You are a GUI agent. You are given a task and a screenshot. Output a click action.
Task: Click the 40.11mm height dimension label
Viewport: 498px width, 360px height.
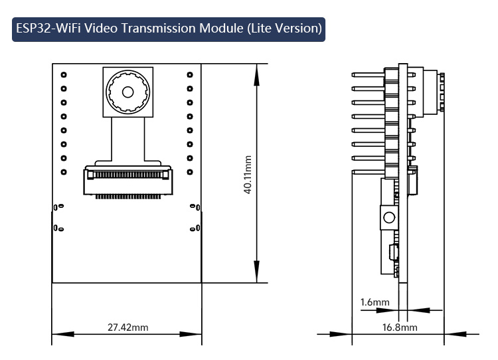click(x=248, y=175)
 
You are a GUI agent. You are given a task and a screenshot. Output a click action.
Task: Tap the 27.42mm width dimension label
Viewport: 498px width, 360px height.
click(x=127, y=327)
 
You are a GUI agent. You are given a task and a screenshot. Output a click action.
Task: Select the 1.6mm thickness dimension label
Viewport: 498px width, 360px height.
click(x=374, y=302)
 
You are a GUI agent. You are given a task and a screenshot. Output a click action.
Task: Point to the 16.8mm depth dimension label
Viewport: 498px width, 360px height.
click(x=400, y=327)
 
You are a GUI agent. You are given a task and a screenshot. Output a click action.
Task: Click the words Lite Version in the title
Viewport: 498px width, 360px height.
click(x=284, y=29)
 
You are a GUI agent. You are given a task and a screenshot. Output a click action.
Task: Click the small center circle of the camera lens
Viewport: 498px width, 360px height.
click(x=127, y=92)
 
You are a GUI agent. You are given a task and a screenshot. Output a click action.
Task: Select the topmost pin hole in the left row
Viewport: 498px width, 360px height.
click(x=64, y=74)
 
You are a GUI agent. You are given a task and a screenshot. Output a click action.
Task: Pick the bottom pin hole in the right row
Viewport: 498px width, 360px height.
click(x=190, y=172)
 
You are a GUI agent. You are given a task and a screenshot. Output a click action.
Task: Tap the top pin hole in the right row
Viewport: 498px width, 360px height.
click(x=190, y=74)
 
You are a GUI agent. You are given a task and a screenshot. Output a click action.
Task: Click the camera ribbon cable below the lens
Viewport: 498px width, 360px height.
click(x=127, y=139)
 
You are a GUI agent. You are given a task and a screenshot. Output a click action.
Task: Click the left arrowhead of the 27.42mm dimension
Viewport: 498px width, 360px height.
click(x=63, y=334)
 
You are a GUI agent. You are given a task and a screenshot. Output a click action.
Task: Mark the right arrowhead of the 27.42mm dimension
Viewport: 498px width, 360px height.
click(x=191, y=334)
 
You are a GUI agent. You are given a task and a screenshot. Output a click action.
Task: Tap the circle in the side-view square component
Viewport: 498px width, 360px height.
click(x=389, y=218)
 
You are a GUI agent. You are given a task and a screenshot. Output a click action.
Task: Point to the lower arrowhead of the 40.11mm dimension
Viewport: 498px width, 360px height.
click(x=256, y=272)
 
